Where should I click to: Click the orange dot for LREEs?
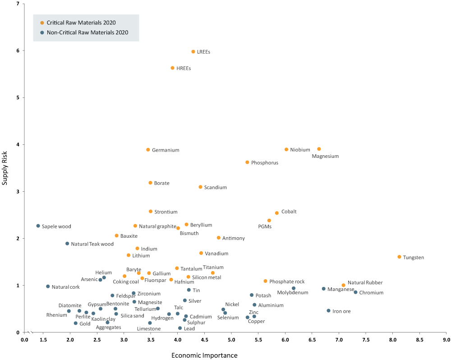pyautogui.click(x=193, y=52)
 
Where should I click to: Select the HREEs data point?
pyautogui.click(x=172, y=68)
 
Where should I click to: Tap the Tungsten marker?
pyautogui.click(x=399, y=257)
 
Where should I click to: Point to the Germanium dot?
pyautogui.click(x=148, y=150)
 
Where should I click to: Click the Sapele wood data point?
pyautogui.click(x=38, y=226)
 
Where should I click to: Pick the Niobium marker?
pyautogui.click(x=286, y=150)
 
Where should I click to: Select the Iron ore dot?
pyautogui.click(x=328, y=311)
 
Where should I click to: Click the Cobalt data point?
pyautogui.click(x=277, y=213)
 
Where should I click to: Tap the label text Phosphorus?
pyautogui.click(x=265, y=163)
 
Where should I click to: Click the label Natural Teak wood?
pyautogui.click(x=92, y=244)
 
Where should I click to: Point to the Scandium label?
pyautogui.click(x=216, y=187)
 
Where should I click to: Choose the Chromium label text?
pyautogui.click(x=371, y=293)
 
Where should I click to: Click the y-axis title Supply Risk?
pyautogui.click(x=5, y=168)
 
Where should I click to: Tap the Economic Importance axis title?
pyautogui.click(x=204, y=355)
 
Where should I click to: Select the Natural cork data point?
pyautogui.click(x=48, y=286)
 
